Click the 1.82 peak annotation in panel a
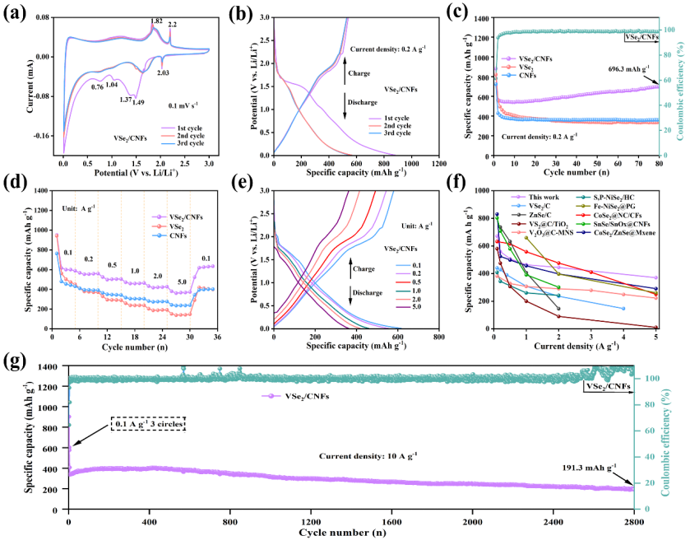click(x=156, y=21)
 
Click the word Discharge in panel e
click(x=373, y=296)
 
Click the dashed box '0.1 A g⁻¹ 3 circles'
click(x=148, y=424)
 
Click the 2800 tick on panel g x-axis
click(x=634, y=521)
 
